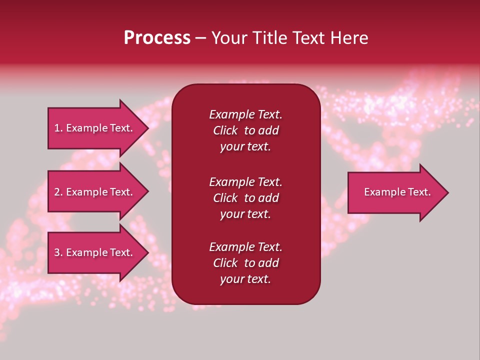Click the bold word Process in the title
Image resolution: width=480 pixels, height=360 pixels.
pyautogui.click(x=157, y=38)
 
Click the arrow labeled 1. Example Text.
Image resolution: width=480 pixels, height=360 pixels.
pyautogui.click(x=93, y=128)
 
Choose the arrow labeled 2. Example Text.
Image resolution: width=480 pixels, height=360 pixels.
pyautogui.click(x=93, y=192)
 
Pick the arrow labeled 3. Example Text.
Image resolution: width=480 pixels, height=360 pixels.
pyautogui.click(x=93, y=252)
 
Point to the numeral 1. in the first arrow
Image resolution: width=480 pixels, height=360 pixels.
pyautogui.click(x=58, y=128)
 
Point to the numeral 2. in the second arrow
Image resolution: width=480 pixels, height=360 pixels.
pyautogui.click(x=58, y=192)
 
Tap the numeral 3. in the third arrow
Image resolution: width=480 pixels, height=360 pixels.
pyautogui.click(x=58, y=252)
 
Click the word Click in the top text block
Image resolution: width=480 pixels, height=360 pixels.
pyautogui.click(x=225, y=130)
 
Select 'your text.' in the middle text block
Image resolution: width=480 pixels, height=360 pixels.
pyautogui.click(x=245, y=214)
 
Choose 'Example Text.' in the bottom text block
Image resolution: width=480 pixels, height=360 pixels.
pyautogui.click(x=245, y=247)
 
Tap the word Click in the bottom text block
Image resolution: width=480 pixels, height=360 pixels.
pyautogui.click(x=225, y=263)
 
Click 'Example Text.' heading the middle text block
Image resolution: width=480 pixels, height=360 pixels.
pyautogui.click(x=245, y=182)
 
